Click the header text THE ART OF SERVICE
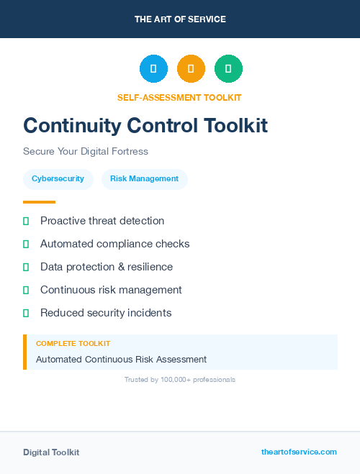[x=180, y=19]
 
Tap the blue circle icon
[x=153, y=68]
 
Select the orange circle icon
[x=191, y=68]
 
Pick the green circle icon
[x=228, y=68]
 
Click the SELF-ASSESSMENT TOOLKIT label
[x=179, y=97]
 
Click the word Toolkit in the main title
[x=234, y=126]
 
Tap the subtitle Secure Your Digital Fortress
[x=86, y=152]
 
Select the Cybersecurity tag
[x=58, y=179]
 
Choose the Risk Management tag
[x=144, y=179]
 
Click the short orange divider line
[x=39, y=202]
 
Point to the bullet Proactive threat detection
[x=102, y=221]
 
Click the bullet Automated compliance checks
[x=115, y=244]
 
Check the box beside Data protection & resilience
[x=26, y=267]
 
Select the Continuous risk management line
[x=111, y=290]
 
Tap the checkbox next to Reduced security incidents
[x=26, y=313]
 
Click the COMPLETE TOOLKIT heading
[x=73, y=344]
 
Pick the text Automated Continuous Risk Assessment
[x=121, y=359]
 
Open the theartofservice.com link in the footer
[x=299, y=452]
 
